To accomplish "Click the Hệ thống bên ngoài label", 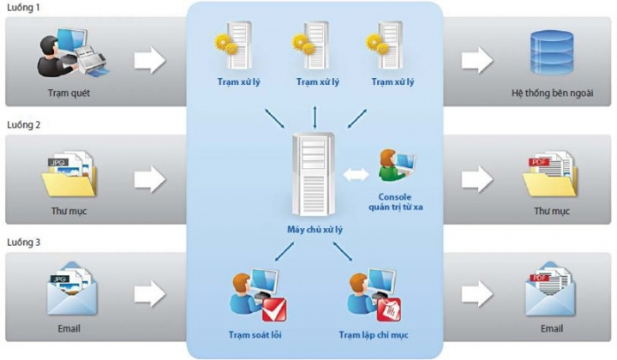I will [x=550, y=92].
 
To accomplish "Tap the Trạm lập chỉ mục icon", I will [x=371, y=293].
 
